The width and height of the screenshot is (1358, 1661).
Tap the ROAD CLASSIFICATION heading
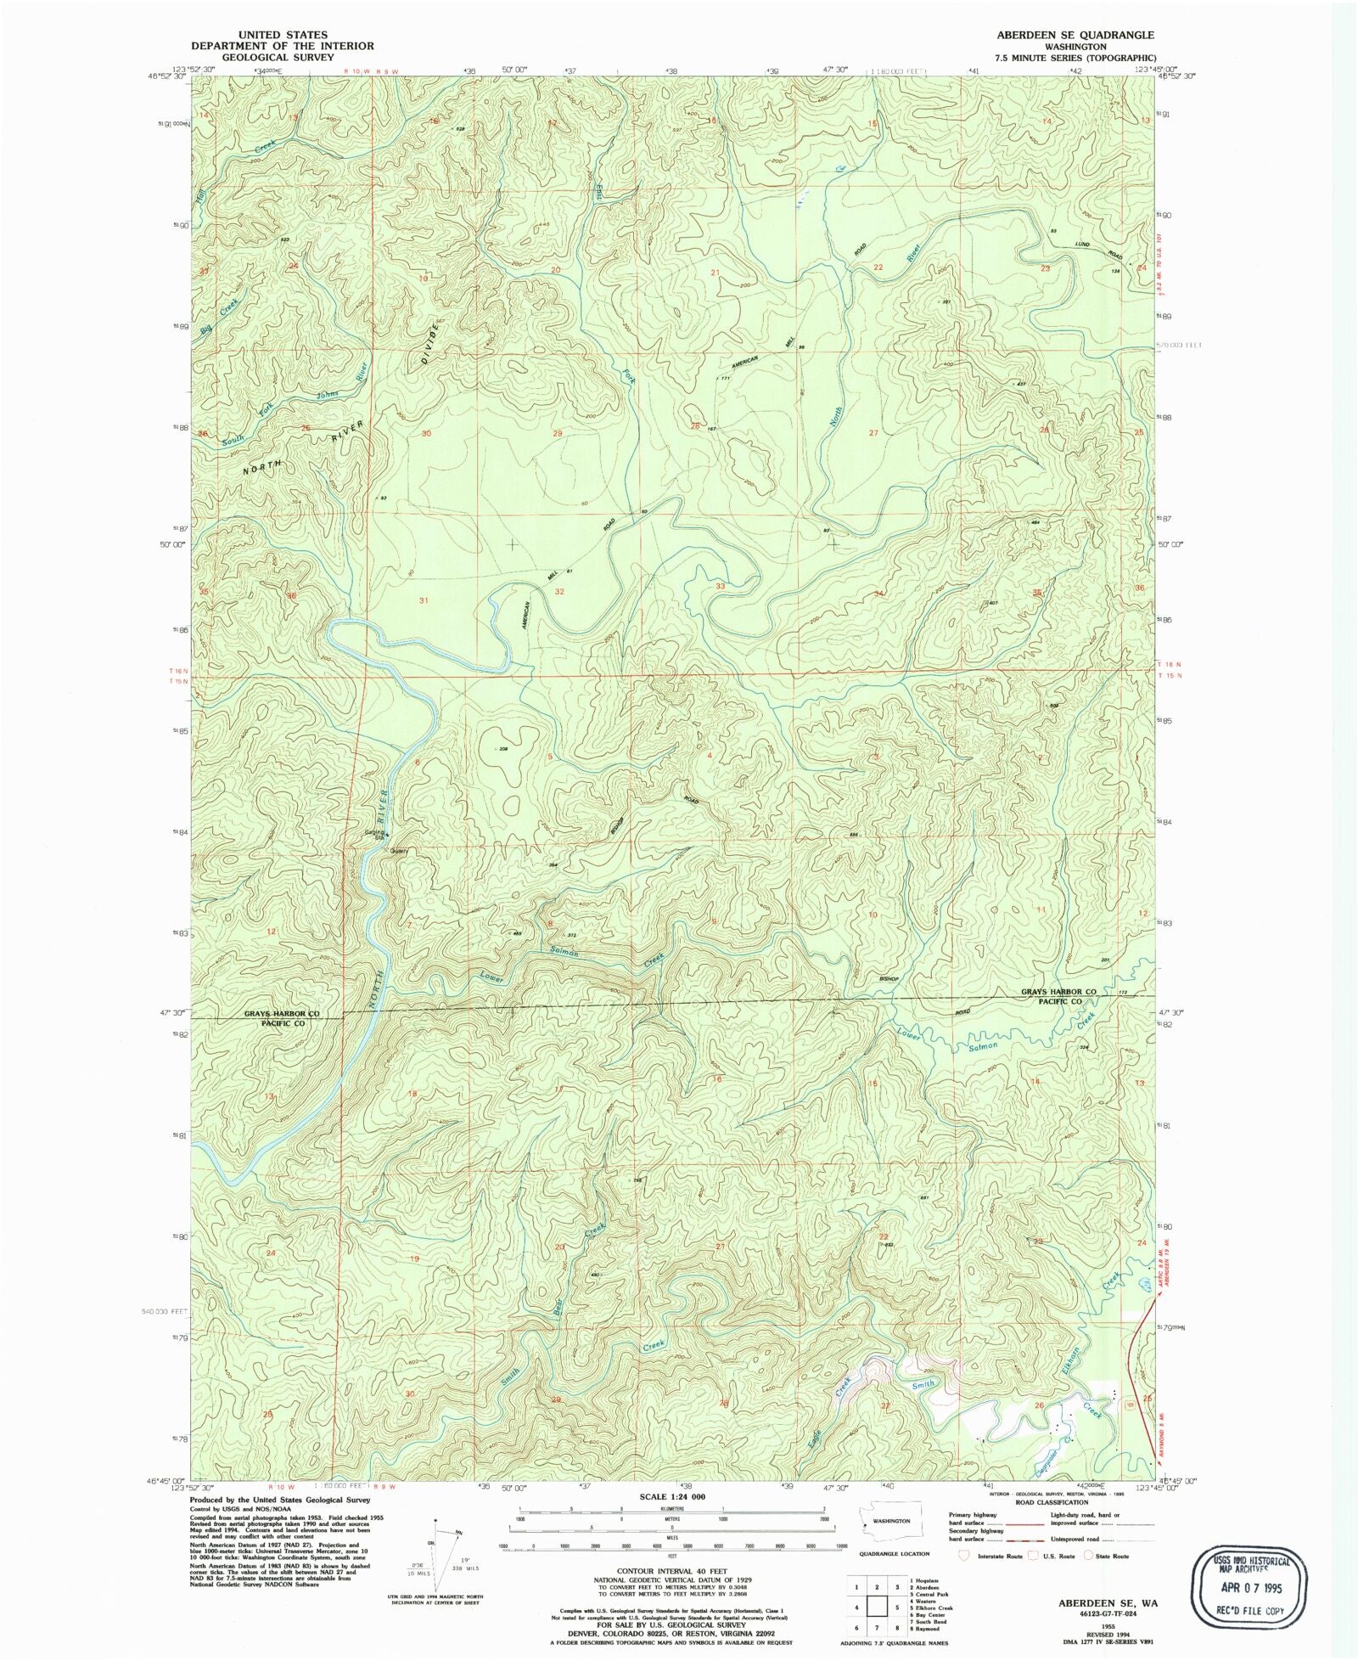pyautogui.click(x=1052, y=1502)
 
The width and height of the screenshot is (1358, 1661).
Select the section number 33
pyautogui.click(x=721, y=586)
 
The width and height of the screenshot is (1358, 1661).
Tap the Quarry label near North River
pyautogui.click(x=399, y=851)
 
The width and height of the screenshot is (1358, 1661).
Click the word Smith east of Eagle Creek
pyautogui.click(x=922, y=1385)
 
